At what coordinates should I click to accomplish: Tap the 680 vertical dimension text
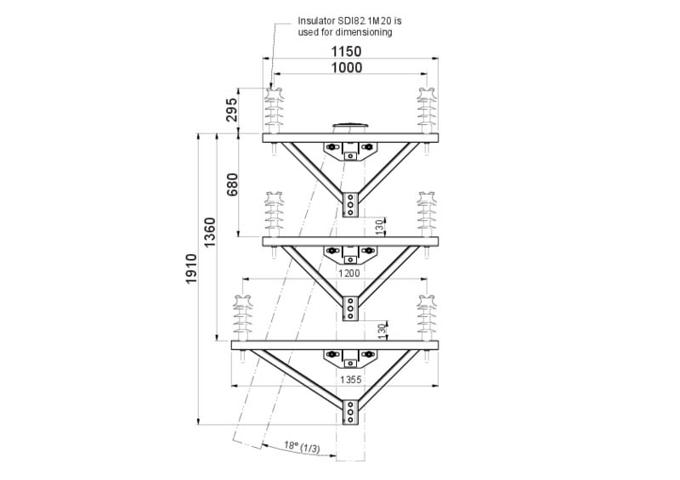(232, 184)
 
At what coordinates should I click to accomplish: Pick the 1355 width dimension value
(352, 380)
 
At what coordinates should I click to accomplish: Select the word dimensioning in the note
(366, 32)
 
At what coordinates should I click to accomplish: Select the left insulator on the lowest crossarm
(242, 317)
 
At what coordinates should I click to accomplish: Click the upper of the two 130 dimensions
(380, 227)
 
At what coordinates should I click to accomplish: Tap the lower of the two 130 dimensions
(380, 330)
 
